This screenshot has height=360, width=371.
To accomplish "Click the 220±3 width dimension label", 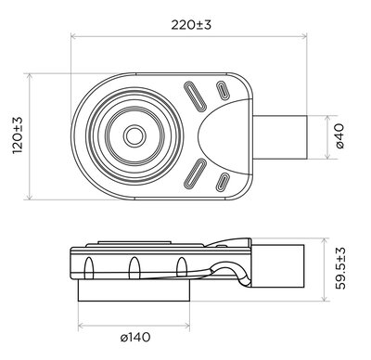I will coord(191,25).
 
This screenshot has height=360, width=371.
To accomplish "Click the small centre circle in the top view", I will coord(135,135).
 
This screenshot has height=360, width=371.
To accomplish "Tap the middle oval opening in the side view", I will coord(134,268).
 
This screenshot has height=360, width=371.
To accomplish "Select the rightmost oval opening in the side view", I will coord(179,268).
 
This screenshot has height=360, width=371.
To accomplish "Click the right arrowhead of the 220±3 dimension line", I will coord(306,38).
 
